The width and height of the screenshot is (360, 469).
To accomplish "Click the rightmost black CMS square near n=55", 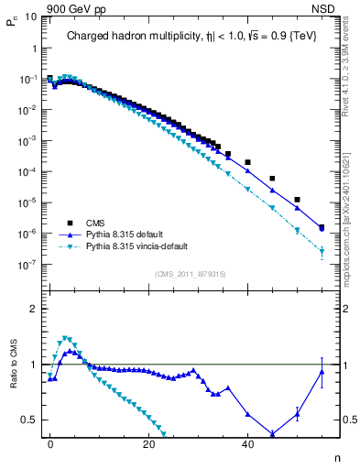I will click(x=322, y=227).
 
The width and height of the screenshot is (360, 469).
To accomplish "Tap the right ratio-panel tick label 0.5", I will click(x=347, y=420).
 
